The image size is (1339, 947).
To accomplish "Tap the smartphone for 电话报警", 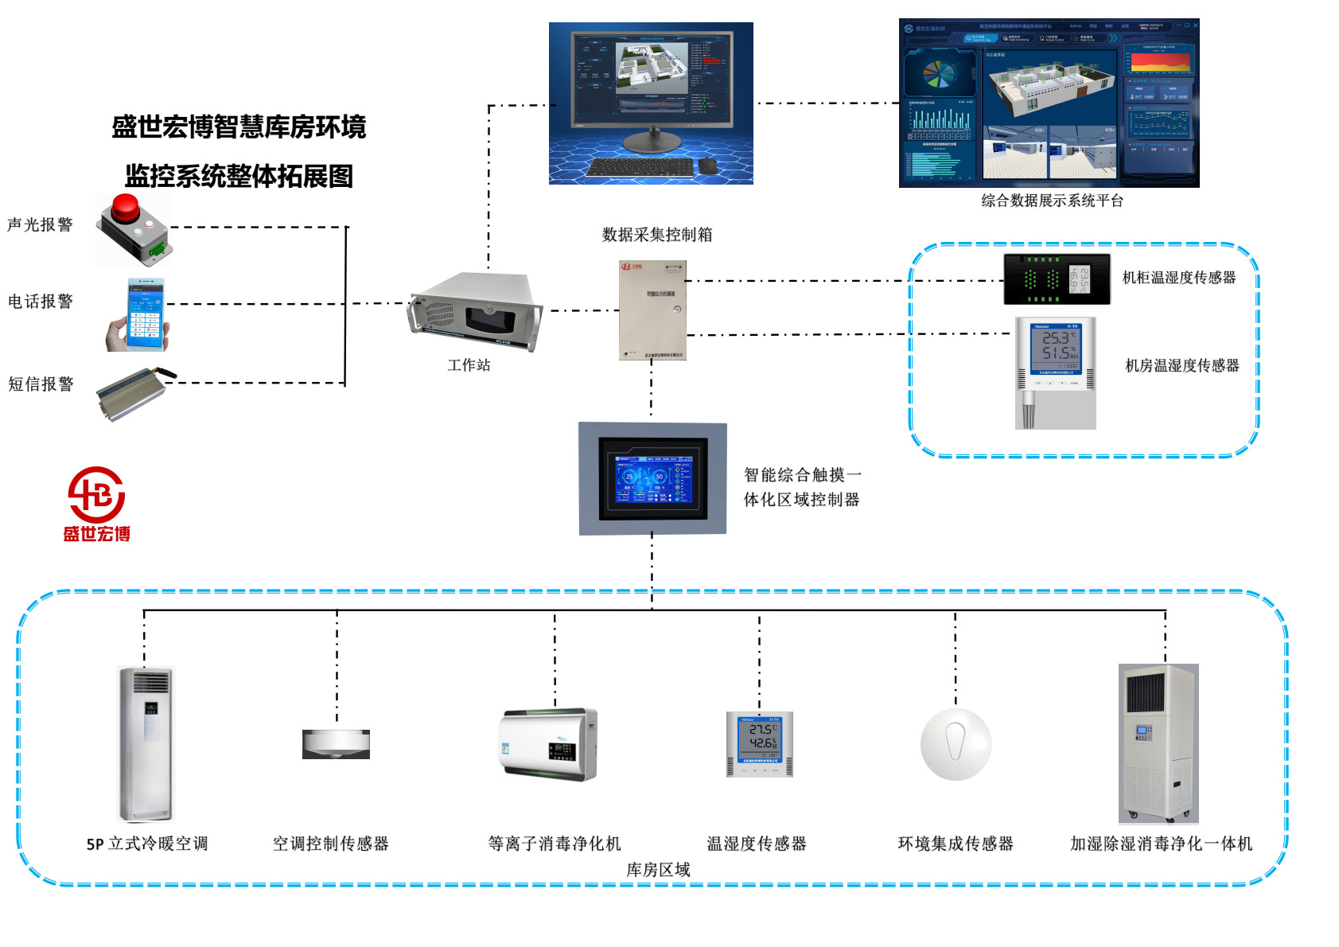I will point(145,314).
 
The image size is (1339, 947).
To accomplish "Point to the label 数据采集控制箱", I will point(657,235).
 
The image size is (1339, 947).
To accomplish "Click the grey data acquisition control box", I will point(652,310).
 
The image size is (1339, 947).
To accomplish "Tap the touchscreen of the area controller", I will point(652,478).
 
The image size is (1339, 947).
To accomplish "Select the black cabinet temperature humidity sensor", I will point(1057,279).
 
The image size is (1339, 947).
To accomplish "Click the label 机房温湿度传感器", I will point(1181,366).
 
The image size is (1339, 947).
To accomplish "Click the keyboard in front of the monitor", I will point(640,167).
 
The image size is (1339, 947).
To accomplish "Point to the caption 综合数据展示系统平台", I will point(1052,201).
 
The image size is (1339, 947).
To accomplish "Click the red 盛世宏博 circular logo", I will point(96,495).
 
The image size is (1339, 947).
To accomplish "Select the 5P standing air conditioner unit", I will point(146,743).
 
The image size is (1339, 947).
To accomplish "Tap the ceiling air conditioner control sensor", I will point(336,743).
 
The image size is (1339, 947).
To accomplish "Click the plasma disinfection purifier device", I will point(549,745).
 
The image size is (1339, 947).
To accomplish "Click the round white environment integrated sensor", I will point(956,744).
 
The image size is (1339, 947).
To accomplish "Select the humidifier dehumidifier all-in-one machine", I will point(1158,743).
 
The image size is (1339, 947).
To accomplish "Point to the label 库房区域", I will point(658,870).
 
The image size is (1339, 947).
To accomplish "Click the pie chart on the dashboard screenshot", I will point(939,75).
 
